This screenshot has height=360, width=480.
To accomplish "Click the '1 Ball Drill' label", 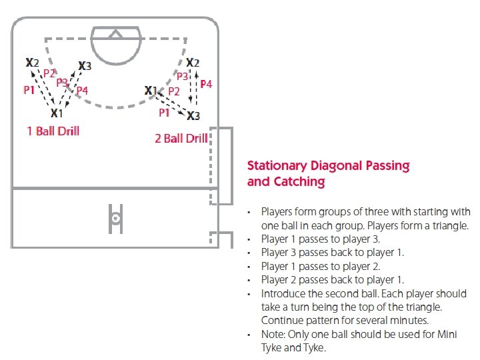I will point(53,131).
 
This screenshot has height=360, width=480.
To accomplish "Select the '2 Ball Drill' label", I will point(181,138).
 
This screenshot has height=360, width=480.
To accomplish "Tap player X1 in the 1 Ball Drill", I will point(57,114).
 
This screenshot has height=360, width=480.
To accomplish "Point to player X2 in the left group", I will point(32,63).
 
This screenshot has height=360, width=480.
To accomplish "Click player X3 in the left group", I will point(85,65).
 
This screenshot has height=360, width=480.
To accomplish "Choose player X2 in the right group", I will point(192,63).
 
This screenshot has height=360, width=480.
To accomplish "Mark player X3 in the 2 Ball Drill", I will point(193,116).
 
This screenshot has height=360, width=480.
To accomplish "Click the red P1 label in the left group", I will point(29,89).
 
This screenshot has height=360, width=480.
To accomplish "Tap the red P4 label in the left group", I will point(82,90).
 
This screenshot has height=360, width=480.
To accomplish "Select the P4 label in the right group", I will point(206,84).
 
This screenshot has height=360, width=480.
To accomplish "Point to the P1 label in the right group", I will point(164,113).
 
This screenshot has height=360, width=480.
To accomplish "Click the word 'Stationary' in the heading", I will point(277,165).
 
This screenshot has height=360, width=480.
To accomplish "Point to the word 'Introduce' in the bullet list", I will point(283,293).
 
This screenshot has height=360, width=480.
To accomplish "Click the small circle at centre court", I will point(115,217).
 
